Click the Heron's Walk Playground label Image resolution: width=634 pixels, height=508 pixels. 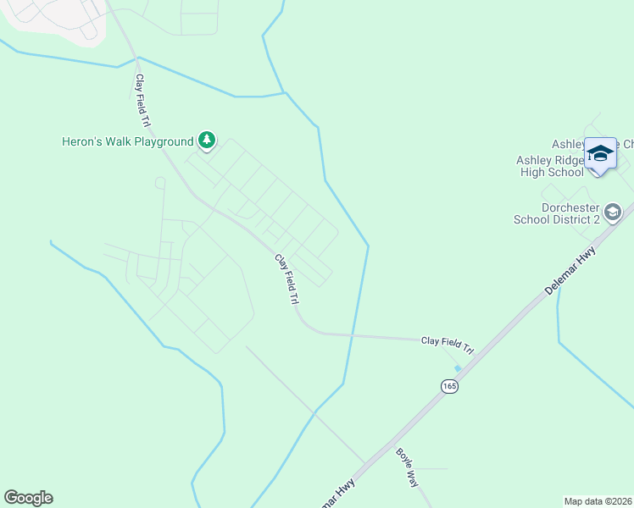click(128, 141)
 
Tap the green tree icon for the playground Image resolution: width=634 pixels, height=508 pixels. click(206, 140)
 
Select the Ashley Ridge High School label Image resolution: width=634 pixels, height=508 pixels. click(550, 166)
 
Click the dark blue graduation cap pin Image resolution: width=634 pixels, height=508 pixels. click(600, 153)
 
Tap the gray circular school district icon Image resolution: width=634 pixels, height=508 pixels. click(615, 211)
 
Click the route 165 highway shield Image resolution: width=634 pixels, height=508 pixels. click(448, 386)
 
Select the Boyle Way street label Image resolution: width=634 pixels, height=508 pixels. click(407, 465)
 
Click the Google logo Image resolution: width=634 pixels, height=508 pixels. click(28, 498)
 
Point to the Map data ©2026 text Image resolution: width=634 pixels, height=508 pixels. click(598, 500)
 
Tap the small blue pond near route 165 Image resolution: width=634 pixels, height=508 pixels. click(458, 368)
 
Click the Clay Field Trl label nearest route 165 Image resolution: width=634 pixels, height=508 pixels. click(446, 345)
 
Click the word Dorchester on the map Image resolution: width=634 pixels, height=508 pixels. click(570, 207)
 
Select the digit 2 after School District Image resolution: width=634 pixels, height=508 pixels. click(596, 219)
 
